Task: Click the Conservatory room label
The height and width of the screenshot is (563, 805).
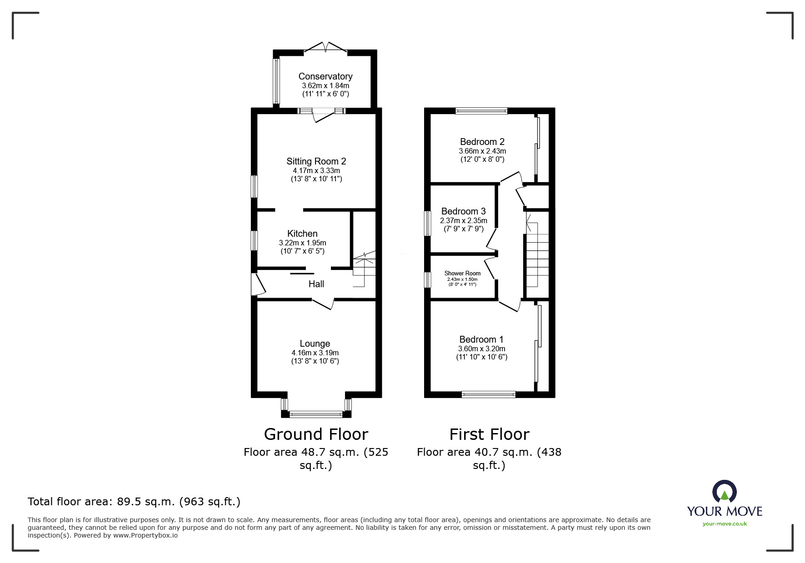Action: tap(325, 76)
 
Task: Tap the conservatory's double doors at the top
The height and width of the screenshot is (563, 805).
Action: tap(325, 48)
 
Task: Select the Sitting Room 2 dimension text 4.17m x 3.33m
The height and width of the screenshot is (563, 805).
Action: tap(316, 170)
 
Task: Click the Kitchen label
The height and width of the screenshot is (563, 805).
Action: tap(302, 234)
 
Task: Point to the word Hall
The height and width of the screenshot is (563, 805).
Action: tap(316, 284)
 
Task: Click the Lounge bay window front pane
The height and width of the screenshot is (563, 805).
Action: tap(316, 414)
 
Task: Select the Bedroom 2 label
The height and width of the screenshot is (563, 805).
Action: tap(482, 142)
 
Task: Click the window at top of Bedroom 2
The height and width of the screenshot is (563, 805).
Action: tap(481, 110)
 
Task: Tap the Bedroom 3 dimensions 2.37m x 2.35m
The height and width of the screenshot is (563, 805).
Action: tap(463, 220)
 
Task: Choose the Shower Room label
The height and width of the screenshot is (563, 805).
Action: tap(462, 273)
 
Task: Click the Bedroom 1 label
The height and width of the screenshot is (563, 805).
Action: tap(481, 339)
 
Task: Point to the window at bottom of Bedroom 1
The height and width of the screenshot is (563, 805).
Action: tap(489, 394)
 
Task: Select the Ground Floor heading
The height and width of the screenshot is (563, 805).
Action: tap(316, 434)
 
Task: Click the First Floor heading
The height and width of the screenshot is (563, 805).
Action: tap(489, 434)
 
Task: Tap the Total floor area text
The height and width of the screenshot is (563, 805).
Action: tap(134, 502)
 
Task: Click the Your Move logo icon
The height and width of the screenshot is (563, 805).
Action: tap(724, 493)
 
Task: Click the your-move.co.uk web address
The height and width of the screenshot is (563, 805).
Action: tap(725, 524)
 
